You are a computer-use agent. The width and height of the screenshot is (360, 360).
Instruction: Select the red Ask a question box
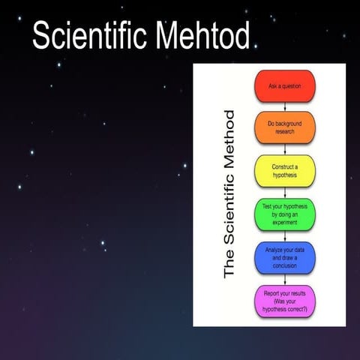[284, 86]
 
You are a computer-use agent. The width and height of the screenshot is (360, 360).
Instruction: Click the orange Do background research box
[284, 127]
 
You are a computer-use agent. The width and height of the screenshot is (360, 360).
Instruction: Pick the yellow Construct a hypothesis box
[284, 170]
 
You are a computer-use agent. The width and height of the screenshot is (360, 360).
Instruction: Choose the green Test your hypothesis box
[284, 214]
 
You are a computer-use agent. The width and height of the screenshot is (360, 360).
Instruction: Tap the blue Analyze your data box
[284, 257]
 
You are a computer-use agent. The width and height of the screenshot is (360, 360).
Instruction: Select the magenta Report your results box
[284, 301]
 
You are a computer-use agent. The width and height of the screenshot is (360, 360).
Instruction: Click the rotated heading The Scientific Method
[229, 193]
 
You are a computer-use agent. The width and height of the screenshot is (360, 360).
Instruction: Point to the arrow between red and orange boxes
[284, 106]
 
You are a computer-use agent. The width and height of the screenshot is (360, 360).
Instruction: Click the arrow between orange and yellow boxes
[284, 149]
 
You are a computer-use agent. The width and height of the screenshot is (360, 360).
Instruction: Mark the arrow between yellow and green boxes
[284, 192]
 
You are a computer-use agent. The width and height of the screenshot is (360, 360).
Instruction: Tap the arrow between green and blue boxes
[284, 235]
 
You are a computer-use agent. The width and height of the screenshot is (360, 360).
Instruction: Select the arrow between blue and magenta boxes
[284, 279]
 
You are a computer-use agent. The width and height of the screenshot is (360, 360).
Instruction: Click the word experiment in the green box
[284, 223]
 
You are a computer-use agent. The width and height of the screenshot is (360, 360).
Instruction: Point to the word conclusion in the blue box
[284, 266]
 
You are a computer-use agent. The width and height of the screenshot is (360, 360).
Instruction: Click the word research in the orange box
[284, 132]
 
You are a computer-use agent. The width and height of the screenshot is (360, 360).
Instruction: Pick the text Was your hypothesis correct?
[284, 305]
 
